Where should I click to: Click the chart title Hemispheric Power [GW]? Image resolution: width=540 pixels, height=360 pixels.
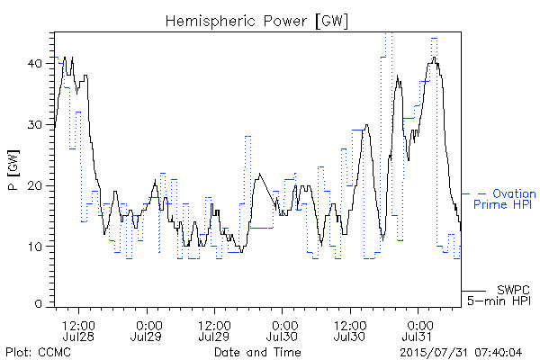coord(256,21)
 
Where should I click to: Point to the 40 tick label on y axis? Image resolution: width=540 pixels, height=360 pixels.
coord(35,64)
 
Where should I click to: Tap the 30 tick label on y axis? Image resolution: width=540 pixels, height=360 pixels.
coord(35,125)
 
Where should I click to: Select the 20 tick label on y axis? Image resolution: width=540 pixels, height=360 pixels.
coord(35,185)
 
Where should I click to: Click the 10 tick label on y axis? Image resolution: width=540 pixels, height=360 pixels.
coord(35,247)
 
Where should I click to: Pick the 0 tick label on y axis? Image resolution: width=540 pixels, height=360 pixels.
coord(39,304)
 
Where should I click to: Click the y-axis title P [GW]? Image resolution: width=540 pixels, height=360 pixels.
coord(13,170)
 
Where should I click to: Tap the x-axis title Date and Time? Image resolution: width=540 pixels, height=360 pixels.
coord(257,352)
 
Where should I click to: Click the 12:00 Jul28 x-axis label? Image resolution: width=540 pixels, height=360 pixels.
coord(78,330)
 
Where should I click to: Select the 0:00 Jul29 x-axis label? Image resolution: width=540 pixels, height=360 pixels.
coord(147,330)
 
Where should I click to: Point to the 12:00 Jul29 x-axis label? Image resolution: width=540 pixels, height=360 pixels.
coord(214,330)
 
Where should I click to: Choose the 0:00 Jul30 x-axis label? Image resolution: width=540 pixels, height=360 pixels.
coord(282,330)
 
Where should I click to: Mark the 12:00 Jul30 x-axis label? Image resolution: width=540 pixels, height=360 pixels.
coord(350,330)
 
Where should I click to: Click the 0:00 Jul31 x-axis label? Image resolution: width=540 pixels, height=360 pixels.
coord(418,330)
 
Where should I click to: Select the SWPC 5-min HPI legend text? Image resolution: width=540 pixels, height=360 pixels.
coord(499,295)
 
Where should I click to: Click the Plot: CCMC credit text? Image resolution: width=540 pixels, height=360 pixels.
coord(38,352)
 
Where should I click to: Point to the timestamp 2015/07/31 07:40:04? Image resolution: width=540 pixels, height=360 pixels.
coord(461,353)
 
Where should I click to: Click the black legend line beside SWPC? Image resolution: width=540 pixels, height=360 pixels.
coord(473,291)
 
